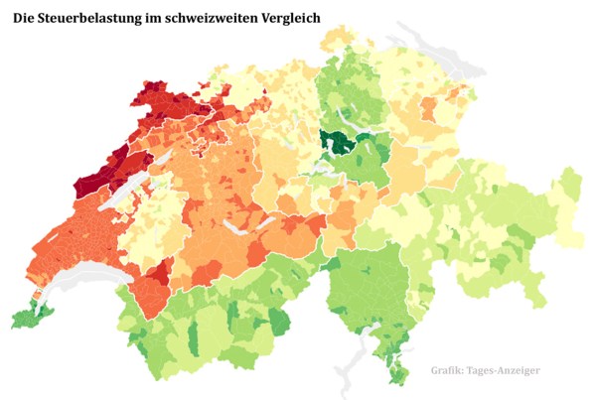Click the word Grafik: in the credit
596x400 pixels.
(452, 371)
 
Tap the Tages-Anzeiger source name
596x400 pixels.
(509, 371)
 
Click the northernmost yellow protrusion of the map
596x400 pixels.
(343, 40)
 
